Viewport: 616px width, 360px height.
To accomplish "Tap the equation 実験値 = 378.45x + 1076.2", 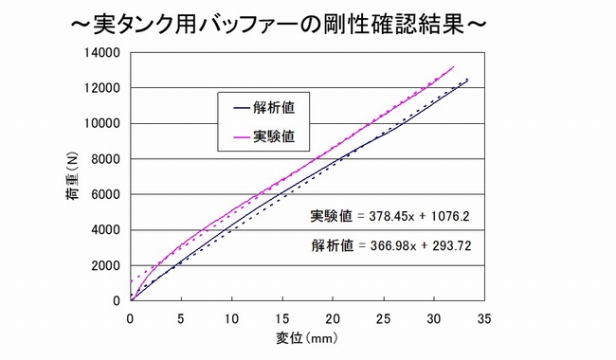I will pos(390,217).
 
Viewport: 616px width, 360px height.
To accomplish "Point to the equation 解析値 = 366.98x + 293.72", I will pos(390,245).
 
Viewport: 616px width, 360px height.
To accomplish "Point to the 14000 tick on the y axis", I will pos(103,52).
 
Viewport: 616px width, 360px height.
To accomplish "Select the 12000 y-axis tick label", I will pos(103,88).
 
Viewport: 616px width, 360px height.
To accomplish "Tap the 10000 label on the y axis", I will pos(103,123).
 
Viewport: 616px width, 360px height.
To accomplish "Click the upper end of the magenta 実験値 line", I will pos(454,66).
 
